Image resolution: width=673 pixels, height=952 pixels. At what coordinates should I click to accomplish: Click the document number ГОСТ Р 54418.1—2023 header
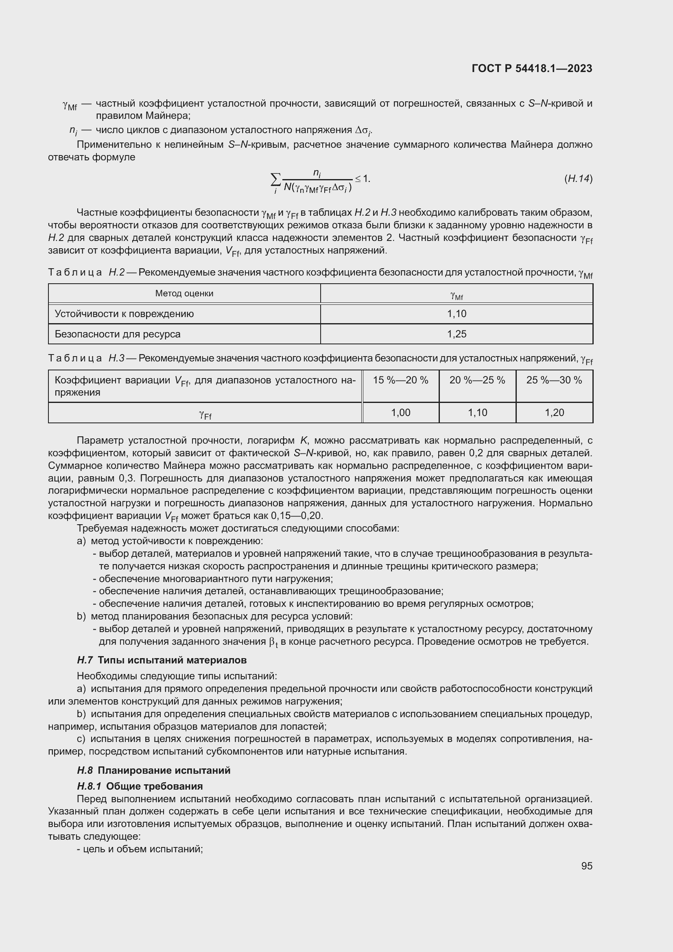(x=532, y=69)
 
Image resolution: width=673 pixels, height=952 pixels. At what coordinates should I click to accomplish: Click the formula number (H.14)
(x=578, y=179)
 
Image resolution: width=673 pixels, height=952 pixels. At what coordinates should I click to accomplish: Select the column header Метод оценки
(x=184, y=293)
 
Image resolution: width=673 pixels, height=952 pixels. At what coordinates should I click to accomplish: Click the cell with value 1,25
(x=456, y=334)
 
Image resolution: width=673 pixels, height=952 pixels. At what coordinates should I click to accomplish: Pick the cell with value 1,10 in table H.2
(x=456, y=314)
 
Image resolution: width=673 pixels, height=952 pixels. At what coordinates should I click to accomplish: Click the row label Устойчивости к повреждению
(x=124, y=314)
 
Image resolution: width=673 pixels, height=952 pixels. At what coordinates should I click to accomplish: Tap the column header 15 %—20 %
(x=400, y=380)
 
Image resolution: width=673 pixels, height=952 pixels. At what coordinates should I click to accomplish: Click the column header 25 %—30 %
(x=554, y=380)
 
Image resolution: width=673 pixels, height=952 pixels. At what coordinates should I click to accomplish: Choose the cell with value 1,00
(x=400, y=413)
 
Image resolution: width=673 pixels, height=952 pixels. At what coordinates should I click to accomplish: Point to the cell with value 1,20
(x=554, y=413)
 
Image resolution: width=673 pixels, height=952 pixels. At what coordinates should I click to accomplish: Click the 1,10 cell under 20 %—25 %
(x=477, y=413)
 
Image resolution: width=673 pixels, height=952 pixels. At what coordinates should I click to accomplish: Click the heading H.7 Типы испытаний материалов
(x=162, y=660)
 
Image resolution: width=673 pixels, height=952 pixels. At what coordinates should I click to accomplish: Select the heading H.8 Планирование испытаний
(x=153, y=770)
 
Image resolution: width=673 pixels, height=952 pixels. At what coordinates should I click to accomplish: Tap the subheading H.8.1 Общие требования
(x=140, y=786)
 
